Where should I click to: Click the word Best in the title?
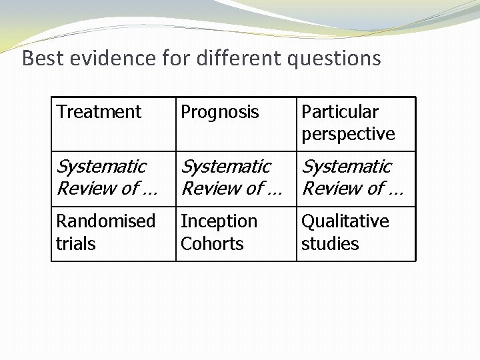click(41, 59)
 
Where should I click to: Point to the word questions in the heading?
click(334, 59)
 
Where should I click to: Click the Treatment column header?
click(99, 112)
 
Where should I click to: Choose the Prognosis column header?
click(219, 112)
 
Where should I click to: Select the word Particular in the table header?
click(339, 112)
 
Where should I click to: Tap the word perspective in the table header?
click(348, 134)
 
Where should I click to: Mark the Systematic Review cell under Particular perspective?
click(352, 177)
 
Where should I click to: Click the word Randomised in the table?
click(105, 221)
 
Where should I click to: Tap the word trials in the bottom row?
click(75, 244)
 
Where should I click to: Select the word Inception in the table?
click(219, 221)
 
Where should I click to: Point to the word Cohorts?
click(212, 244)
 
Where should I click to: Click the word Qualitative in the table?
click(345, 221)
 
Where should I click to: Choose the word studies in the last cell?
click(330, 244)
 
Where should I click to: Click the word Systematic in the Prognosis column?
click(226, 166)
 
